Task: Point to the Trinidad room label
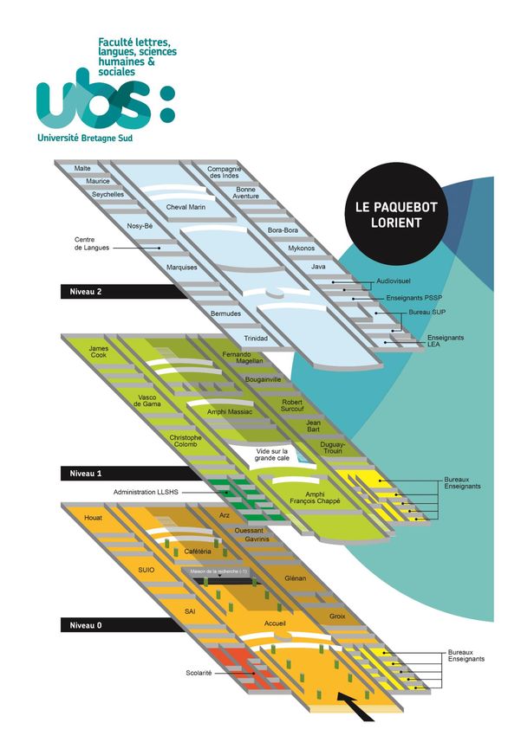(x=254, y=338)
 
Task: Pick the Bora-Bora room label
(x=283, y=230)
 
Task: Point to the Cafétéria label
(x=200, y=552)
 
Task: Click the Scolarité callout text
(x=200, y=673)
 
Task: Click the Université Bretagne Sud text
(x=91, y=137)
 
